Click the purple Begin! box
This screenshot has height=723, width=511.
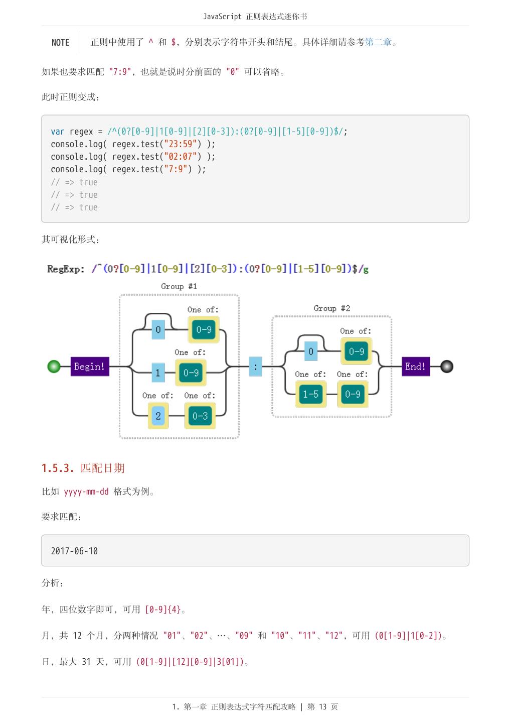point(90,367)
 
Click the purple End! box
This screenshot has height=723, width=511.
point(416,367)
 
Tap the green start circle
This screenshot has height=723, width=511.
point(54,367)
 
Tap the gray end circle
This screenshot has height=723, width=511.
point(446,367)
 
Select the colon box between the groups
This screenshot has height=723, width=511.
point(255,367)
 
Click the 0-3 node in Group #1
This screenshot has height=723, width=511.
point(200,416)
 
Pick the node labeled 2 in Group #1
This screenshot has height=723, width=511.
point(158,416)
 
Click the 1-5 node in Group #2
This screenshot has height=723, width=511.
point(311,394)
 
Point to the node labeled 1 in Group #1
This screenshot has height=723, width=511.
point(158,373)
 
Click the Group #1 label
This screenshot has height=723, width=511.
point(179,286)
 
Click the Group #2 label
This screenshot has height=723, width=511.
point(332,308)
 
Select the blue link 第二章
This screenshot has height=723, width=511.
point(378,42)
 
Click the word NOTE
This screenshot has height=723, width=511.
point(60,42)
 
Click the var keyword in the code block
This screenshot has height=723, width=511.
point(57,132)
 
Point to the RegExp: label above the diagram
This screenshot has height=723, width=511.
point(66,269)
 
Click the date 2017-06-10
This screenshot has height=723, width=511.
point(74,551)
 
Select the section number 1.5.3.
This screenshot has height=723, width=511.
point(58,468)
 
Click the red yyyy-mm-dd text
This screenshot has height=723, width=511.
point(86,492)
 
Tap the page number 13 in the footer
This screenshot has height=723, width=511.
point(323,706)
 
